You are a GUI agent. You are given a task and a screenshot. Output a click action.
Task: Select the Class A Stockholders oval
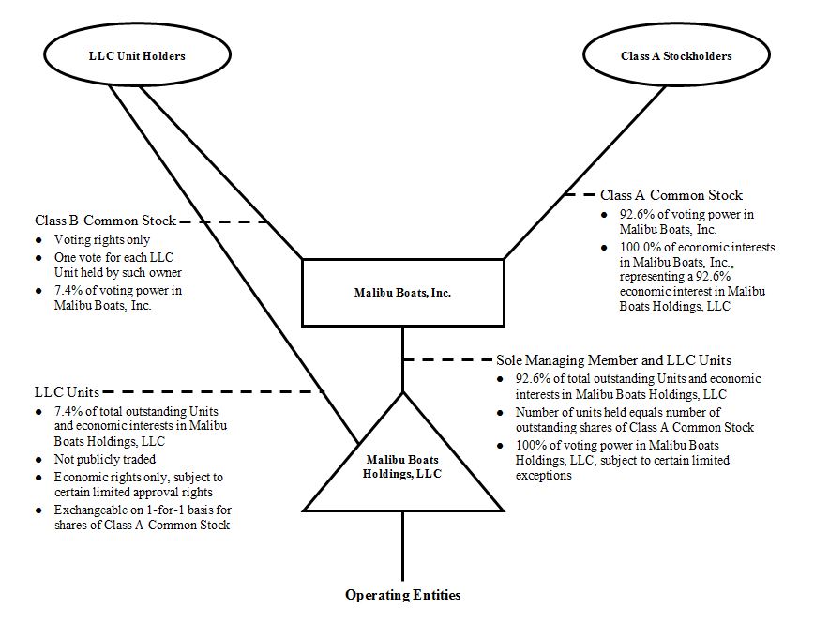676,56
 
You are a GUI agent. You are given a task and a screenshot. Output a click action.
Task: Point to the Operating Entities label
402,595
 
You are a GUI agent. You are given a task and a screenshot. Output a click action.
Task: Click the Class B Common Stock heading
105,221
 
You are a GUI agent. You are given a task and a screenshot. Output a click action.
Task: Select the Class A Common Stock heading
671,195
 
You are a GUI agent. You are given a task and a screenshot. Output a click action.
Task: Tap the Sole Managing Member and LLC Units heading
613,360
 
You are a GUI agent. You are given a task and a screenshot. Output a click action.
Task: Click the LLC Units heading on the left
65,391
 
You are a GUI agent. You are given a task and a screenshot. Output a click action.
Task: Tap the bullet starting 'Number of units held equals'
620,419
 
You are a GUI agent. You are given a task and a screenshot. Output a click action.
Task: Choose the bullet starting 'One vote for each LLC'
116,265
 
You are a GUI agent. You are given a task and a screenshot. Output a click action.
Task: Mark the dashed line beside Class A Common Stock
580,195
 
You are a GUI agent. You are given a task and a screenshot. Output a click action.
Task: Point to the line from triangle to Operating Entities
402,547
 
